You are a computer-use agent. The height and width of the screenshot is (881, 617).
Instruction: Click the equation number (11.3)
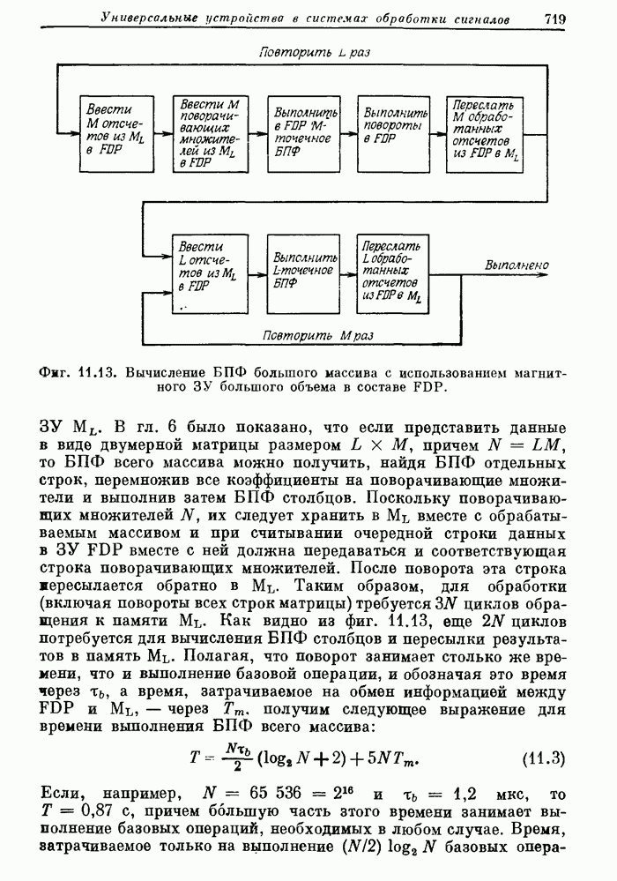click(x=544, y=758)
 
